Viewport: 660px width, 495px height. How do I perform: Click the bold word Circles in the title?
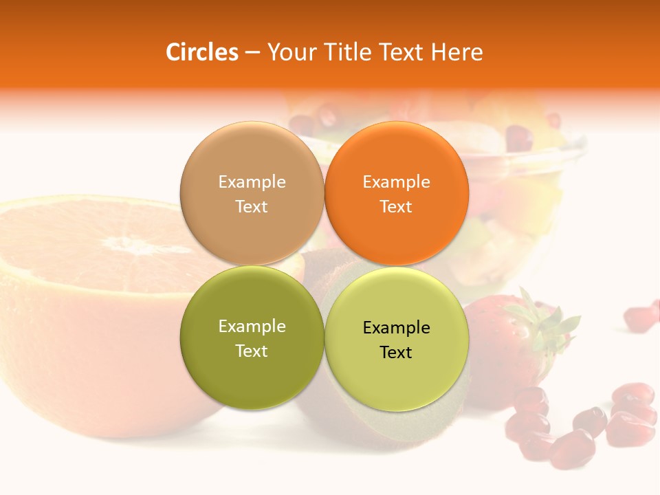click(x=201, y=52)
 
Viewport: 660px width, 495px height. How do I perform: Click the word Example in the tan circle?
click(x=252, y=182)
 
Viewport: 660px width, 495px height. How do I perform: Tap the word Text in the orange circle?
click(x=396, y=207)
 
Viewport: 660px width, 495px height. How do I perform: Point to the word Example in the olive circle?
click(x=252, y=327)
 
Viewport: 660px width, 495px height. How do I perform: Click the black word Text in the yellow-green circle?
click(x=396, y=353)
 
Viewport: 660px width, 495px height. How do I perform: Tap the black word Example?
click(x=396, y=328)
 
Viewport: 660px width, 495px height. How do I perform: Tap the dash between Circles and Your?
click(x=252, y=52)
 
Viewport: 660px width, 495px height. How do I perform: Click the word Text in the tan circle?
click(x=252, y=207)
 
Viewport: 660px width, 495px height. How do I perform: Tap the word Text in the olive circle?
click(x=252, y=351)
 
